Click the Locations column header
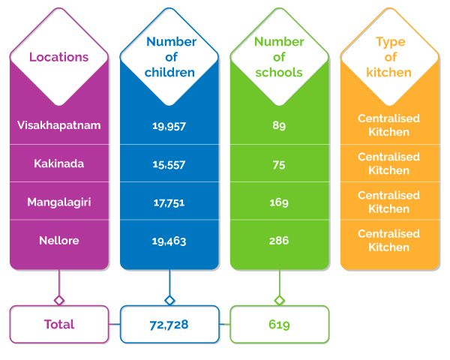[58, 57]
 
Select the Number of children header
[170, 57]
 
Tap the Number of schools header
[279, 57]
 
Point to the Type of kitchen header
[389, 57]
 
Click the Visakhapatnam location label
[58, 125]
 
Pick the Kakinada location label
[58, 163]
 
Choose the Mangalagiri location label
[58, 202]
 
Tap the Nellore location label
[58, 240]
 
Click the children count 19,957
[169, 126]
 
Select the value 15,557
[169, 164]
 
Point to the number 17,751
[169, 203]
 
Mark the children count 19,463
[169, 241]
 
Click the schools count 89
[279, 125]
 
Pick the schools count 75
[279, 165]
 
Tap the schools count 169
[279, 202]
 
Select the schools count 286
[279, 240]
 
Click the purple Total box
[59, 324]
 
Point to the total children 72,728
[169, 325]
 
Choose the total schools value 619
[279, 325]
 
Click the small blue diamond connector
[169, 301]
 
